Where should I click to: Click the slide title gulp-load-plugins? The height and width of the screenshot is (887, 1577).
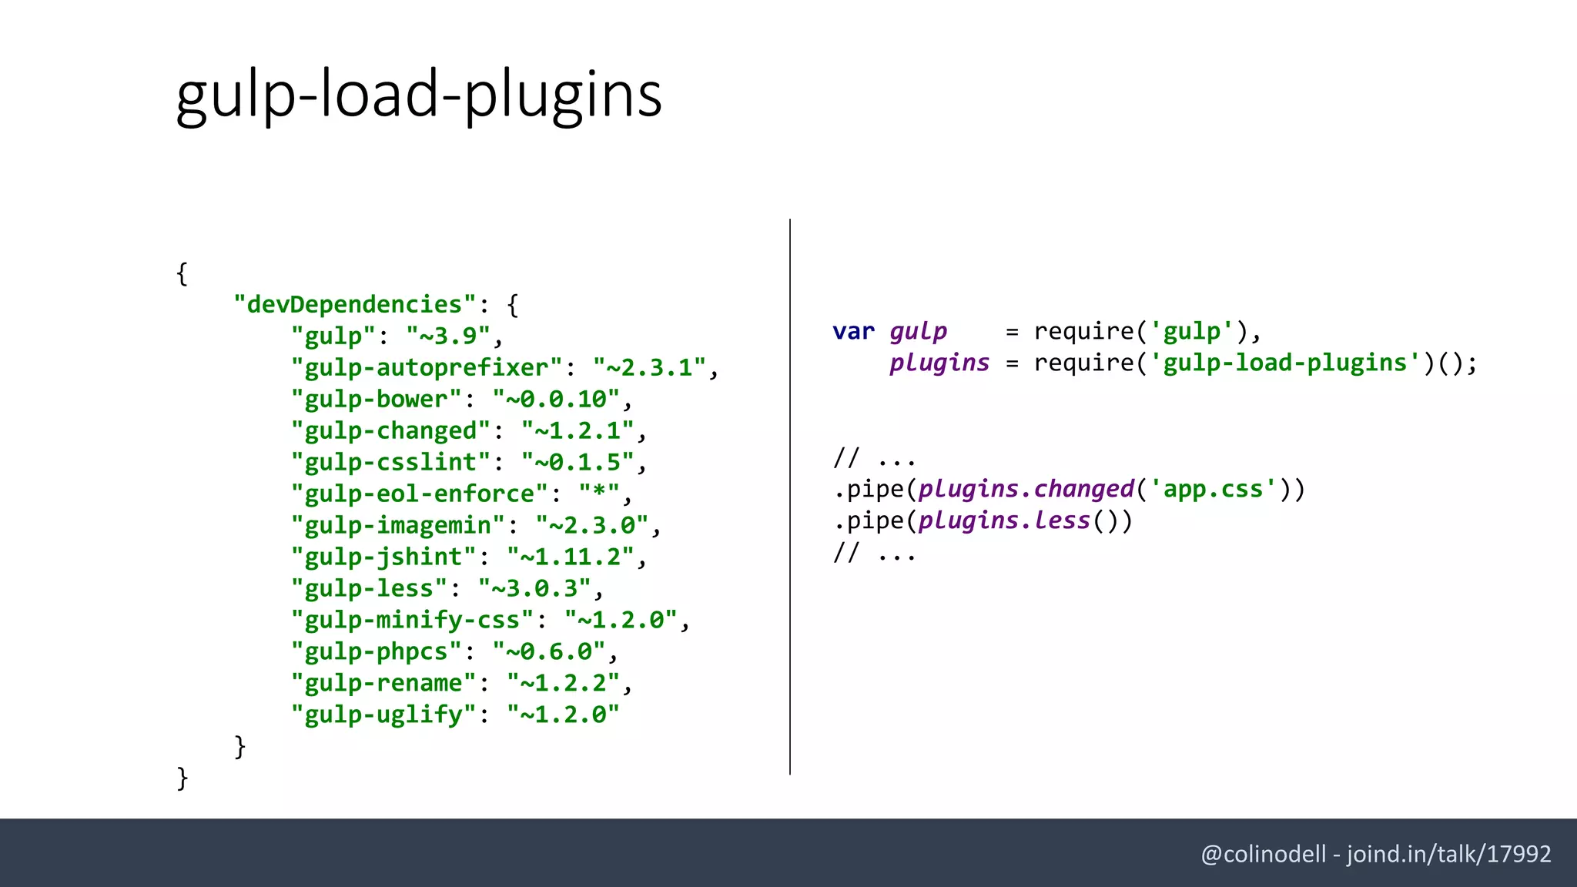coord(418,94)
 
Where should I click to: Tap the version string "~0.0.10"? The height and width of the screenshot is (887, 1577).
coord(555,400)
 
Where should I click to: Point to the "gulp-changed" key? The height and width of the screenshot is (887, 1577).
coord(390,431)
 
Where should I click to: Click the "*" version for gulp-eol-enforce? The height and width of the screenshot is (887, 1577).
coord(598,494)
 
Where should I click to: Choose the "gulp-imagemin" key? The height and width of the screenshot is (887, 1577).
coord(397,526)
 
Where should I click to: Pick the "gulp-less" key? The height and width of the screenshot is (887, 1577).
coord(369,589)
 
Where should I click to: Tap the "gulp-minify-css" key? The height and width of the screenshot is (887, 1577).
coord(412,621)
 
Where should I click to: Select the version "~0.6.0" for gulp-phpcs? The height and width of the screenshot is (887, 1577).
coord(548,652)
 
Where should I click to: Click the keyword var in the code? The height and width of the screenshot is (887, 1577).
coord(853,332)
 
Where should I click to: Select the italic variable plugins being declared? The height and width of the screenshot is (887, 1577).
coord(939,363)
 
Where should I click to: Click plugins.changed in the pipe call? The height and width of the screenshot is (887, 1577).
coord(1026,490)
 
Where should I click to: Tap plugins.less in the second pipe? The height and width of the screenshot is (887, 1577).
coord(1004,521)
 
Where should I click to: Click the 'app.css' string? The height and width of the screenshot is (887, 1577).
coord(1213,490)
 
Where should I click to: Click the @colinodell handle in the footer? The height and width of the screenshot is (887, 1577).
coord(1263,855)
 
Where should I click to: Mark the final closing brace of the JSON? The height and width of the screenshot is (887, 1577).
coord(182,778)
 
